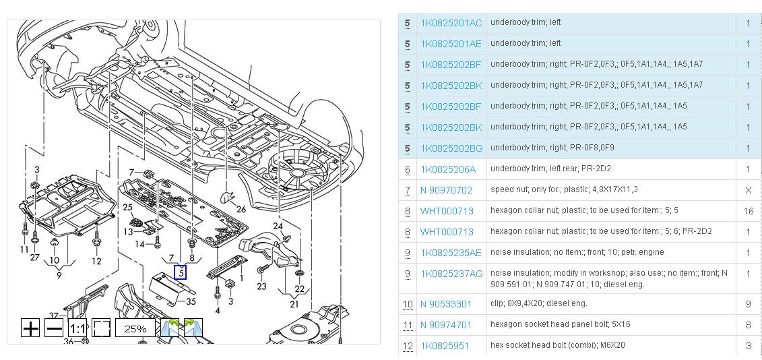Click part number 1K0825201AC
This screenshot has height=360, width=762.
[451, 24]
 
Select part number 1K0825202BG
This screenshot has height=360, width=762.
[451, 148]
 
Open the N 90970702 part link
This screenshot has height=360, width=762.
[446, 190]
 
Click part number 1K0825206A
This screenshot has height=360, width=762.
[448, 169]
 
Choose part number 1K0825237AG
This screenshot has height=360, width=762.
[451, 274]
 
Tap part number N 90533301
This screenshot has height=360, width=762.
[446, 305]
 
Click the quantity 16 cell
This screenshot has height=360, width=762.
[749, 211]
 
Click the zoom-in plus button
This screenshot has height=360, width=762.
[30, 328]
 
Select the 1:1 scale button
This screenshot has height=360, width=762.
[77, 328]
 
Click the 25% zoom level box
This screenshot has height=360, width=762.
[135, 328]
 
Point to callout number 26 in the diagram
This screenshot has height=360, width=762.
[241, 210]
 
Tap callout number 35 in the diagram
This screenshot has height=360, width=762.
[191, 301]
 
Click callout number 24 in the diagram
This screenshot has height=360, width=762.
[278, 227]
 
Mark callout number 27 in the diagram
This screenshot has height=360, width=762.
[34, 258]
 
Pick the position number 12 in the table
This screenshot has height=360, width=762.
[408, 347]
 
